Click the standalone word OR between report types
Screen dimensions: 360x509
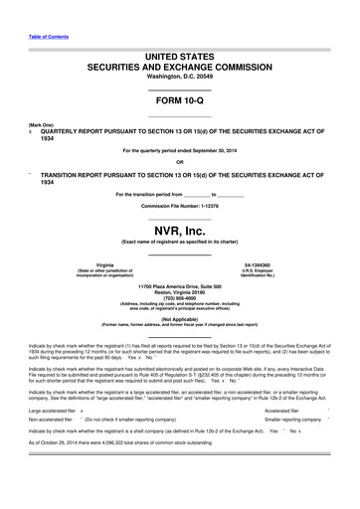coord(180,161)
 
